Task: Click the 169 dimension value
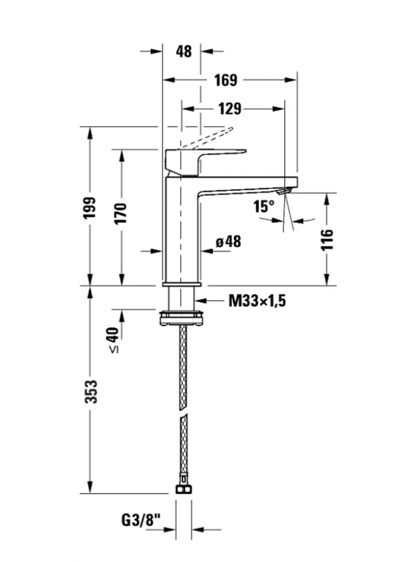[225, 80]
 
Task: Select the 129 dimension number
[230, 109]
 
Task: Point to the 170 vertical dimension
[121, 212]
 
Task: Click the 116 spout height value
[327, 240]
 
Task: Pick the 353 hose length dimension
[91, 391]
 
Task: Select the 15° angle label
[264, 206]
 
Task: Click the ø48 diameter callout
[228, 241]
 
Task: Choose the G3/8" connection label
[141, 518]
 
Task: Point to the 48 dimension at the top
[184, 52]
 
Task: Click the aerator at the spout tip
[283, 191]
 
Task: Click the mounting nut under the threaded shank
[182, 317]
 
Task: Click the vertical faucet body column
[183, 231]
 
